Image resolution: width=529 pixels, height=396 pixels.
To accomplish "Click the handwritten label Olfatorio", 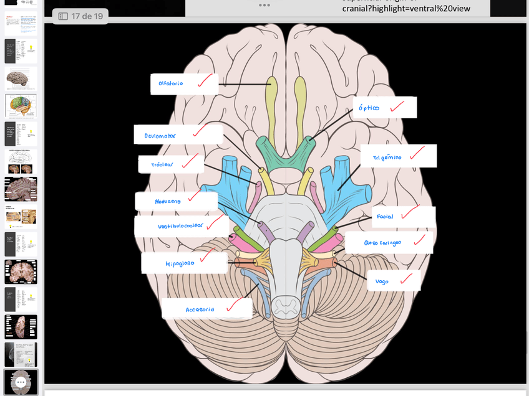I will [170, 83].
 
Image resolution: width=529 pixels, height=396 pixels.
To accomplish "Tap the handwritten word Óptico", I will [369, 108].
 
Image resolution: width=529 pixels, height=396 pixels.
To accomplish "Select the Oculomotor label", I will [160, 135].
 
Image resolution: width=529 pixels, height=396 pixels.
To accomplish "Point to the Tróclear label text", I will [162, 165].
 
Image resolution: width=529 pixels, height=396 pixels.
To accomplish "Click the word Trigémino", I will [387, 158].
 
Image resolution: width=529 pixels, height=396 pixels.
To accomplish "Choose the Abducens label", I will [168, 201].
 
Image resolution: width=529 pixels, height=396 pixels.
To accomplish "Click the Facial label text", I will [385, 217].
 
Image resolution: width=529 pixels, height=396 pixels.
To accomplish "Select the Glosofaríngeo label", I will [382, 242].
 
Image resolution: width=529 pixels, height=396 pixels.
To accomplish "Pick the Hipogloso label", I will [180, 263].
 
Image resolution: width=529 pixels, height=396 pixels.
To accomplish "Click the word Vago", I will [382, 281].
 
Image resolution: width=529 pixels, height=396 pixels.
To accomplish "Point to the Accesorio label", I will [200, 309].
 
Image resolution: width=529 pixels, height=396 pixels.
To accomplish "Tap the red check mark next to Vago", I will [406, 279].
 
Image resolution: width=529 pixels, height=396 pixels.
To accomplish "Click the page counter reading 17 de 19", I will [80, 16].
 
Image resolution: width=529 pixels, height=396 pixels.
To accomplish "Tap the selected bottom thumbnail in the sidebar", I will [21, 381].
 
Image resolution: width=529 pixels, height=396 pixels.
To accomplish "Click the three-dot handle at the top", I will [264, 5].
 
